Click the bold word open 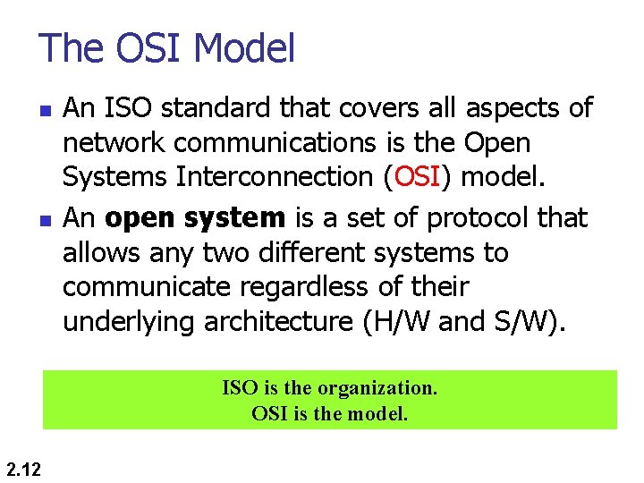142,217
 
